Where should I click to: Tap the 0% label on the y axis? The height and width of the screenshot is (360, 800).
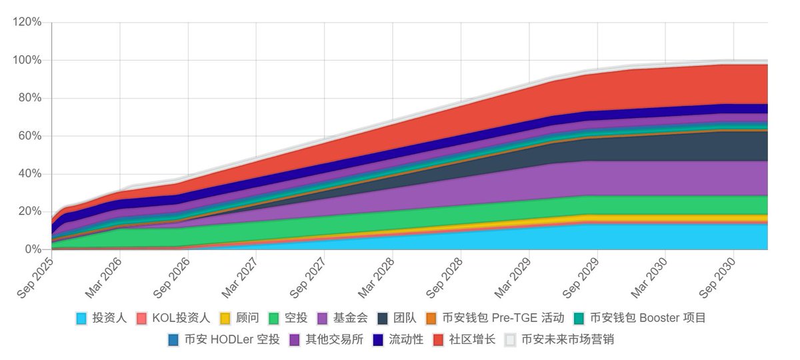point(34,249)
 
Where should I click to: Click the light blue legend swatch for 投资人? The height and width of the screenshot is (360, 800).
point(81,319)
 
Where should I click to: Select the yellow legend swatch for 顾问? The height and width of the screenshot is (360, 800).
point(225,319)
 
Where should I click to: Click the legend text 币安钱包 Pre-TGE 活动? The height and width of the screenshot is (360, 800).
point(503,319)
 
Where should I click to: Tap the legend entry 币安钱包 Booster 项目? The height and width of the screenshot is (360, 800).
point(647,319)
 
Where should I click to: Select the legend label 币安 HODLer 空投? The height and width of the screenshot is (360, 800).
point(232,340)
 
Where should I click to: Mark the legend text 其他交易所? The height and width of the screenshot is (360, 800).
point(334,340)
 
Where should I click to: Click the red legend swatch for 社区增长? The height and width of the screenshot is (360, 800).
point(439,340)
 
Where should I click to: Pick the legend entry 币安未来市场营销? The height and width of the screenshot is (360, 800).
point(567,340)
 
